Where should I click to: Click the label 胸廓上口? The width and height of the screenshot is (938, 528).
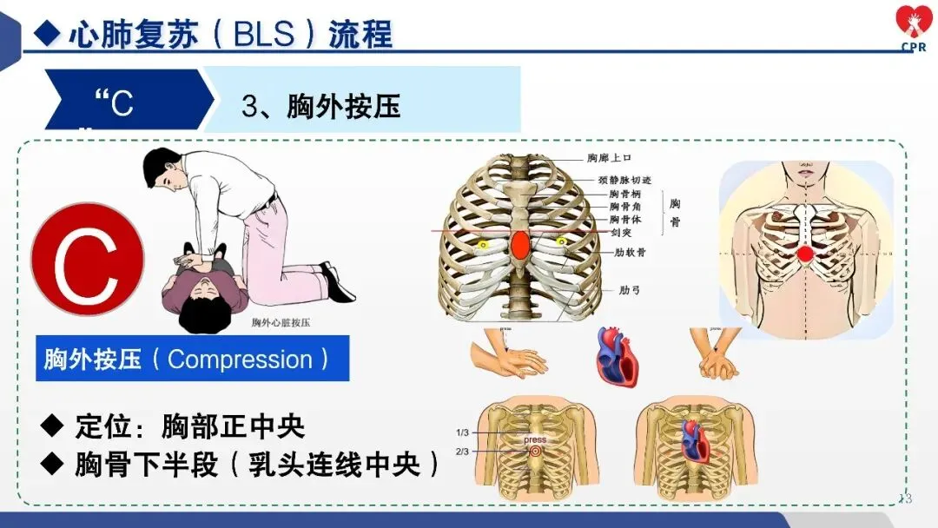tap(608, 158)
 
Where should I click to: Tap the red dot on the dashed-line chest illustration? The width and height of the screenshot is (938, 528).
tap(805, 254)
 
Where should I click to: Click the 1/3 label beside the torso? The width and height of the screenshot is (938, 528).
tap(463, 432)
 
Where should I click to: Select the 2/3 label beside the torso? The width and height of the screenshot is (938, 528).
tap(463, 451)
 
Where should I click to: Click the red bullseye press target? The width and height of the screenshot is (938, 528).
tap(534, 452)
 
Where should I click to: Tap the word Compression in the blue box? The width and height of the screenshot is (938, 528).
tap(240, 360)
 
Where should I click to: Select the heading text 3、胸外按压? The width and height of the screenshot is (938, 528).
tap(320, 107)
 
